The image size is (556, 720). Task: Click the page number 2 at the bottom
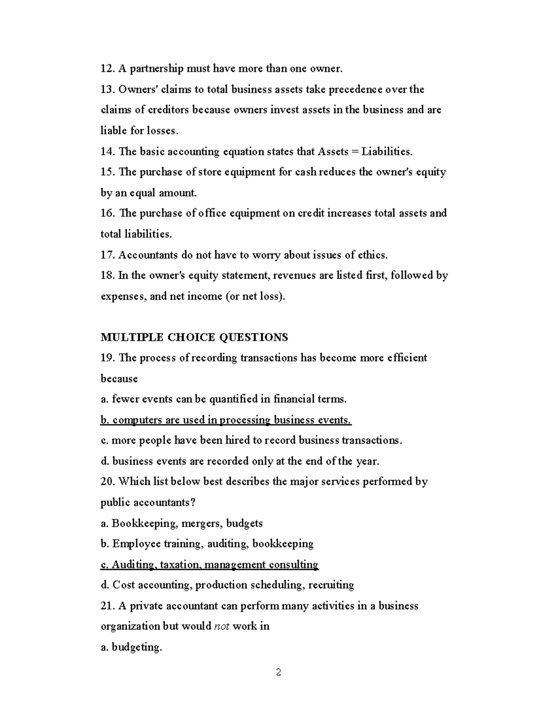[x=278, y=672]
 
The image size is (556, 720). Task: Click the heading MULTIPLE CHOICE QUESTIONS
[x=194, y=337]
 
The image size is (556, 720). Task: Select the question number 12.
[x=107, y=69]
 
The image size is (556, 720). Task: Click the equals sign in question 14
[x=355, y=152]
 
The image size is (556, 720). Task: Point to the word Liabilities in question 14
[x=386, y=152]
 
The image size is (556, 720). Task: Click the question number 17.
[x=107, y=255]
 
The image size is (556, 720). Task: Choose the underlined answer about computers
[x=226, y=420]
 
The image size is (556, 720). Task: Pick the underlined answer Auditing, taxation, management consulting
[x=209, y=565]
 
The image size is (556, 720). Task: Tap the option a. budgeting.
[x=131, y=647]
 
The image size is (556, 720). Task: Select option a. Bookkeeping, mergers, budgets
[x=182, y=523]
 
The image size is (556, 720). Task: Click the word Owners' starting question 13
[x=135, y=89]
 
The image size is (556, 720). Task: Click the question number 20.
[x=107, y=482]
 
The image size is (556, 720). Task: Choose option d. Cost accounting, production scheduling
[x=227, y=585]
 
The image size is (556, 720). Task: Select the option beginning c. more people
[x=251, y=440]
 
